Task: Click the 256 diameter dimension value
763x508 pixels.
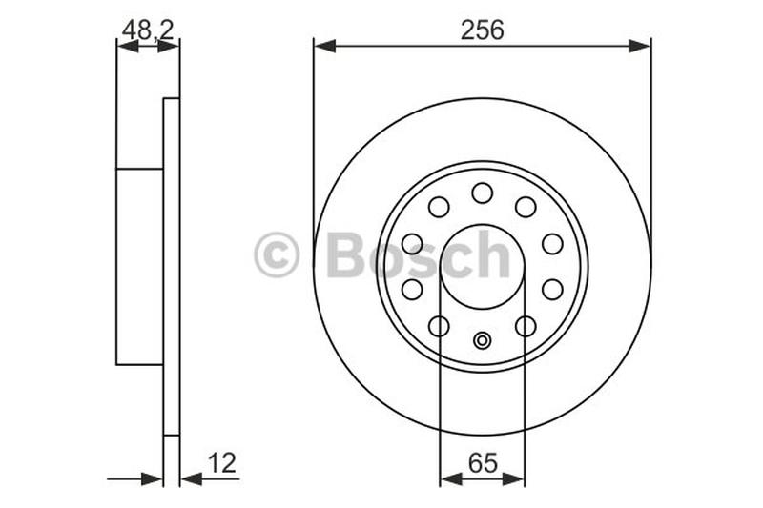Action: click(483, 30)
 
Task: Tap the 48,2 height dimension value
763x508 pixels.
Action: click(148, 30)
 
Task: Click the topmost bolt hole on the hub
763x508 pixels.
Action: click(483, 193)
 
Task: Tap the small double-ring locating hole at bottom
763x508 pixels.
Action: click(483, 340)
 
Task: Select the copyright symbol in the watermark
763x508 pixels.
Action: click(276, 254)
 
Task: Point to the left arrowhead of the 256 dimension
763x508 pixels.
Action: click(325, 46)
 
